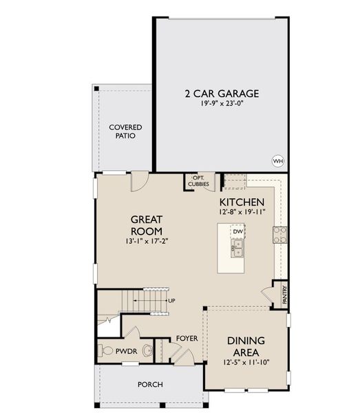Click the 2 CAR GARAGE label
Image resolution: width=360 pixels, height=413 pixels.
pyautogui.click(x=221, y=94)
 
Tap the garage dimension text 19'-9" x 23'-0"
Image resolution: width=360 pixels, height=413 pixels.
pyautogui.click(x=221, y=105)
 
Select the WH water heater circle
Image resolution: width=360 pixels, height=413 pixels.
pyautogui.click(x=278, y=161)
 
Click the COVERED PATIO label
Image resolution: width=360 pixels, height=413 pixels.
pyautogui.click(x=125, y=131)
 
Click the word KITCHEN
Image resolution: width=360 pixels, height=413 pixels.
pyautogui.click(x=242, y=202)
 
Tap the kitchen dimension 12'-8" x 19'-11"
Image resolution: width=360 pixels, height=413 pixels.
pyautogui.click(x=242, y=212)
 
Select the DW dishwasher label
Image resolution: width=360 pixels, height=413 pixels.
pyautogui.click(x=237, y=232)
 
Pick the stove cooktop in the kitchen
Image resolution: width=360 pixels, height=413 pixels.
pyautogui.click(x=280, y=235)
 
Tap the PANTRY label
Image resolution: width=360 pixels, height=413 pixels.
pyautogui.click(x=283, y=295)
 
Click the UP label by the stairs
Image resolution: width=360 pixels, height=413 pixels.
pyautogui.click(x=171, y=301)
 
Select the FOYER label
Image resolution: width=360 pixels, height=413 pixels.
pyautogui.click(x=187, y=338)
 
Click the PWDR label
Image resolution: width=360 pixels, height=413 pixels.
pyautogui.click(x=127, y=350)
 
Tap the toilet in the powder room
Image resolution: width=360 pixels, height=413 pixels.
pyautogui.click(x=106, y=350)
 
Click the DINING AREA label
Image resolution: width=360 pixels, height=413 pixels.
pyautogui.click(x=246, y=347)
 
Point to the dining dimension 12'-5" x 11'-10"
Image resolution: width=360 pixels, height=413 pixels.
pyautogui.click(x=246, y=363)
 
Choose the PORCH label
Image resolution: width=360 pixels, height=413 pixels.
pyautogui.click(x=150, y=384)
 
